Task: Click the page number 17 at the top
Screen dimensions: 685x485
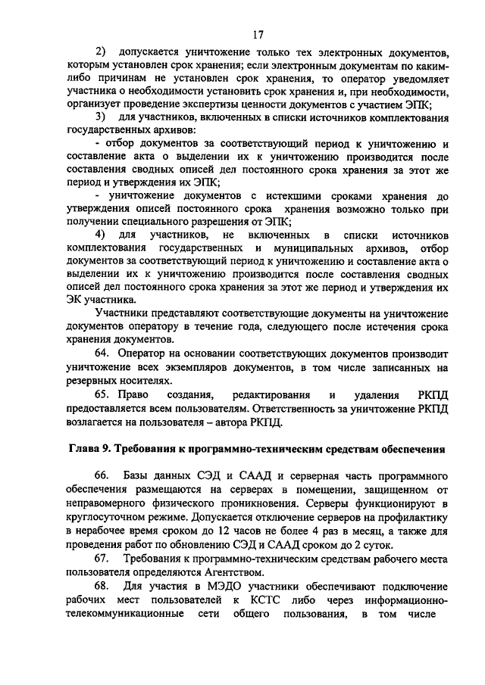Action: (257, 33)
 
